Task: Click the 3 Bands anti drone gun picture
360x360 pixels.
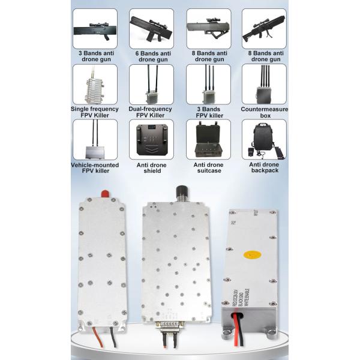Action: click(94, 28)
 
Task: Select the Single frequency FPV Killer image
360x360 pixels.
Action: click(94, 84)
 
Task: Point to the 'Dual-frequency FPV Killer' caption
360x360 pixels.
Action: click(151, 112)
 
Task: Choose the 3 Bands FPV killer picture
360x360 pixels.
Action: click(208, 84)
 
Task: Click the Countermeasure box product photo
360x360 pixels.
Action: click(264, 84)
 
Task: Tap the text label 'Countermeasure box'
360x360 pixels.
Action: click(264, 112)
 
